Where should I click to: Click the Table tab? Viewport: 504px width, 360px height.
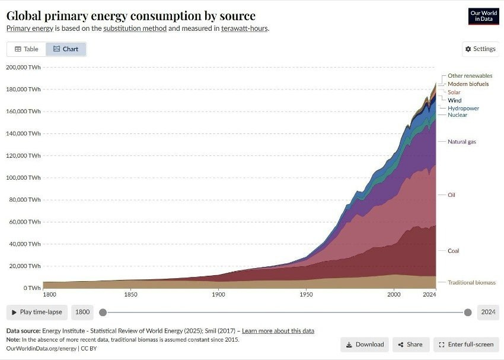[27, 49]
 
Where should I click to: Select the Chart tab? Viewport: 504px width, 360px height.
[66, 49]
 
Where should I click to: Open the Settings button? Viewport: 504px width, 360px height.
[480, 49]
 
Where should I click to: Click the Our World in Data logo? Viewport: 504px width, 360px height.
[483, 16]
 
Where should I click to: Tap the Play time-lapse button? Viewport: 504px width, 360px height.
[37, 312]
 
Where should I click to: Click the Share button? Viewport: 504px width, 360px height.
[410, 344]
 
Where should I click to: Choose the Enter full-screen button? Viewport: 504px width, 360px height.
[466, 344]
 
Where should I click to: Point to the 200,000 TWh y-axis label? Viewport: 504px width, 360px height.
[24, 67]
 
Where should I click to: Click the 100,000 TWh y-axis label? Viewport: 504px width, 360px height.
[24, 177]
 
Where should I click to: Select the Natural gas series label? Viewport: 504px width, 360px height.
[461, 142]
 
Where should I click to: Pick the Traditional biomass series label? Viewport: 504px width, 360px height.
[471, 282]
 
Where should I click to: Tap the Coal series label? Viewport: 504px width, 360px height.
[453, 251]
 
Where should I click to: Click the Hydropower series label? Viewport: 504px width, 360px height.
[463, 109]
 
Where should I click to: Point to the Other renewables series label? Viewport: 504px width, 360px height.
[470, 76]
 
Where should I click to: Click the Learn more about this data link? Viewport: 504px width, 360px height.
[278, 330]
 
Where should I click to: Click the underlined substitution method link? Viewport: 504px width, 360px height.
[135, 28]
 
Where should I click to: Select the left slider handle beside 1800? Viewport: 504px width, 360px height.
[103, 312]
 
